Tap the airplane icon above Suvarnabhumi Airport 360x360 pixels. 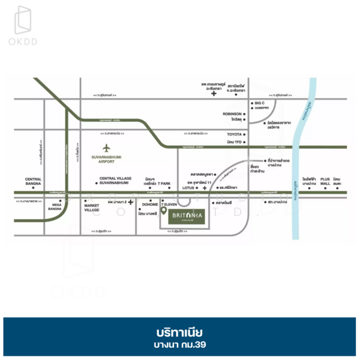106,148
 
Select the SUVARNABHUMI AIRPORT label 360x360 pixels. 106,160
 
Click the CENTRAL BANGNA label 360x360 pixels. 33,181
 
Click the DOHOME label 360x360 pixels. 150,205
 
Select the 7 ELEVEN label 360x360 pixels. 170,205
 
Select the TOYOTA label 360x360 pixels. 233,134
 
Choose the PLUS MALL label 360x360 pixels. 326,181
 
